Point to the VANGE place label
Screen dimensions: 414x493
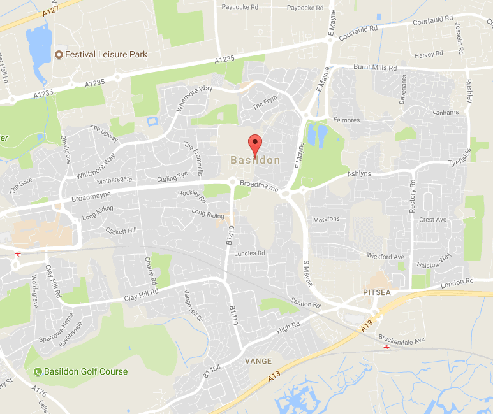click(x=258, y=361)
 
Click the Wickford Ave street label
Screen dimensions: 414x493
click(x=386, y=257)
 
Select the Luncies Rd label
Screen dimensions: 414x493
click(x=249, y=253)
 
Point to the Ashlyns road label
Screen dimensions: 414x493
click(x=358, y=173)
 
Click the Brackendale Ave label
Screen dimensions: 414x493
click(x=401, y=340)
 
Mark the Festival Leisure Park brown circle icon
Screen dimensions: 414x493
click(x=59, y=55)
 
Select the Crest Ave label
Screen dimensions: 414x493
click(x=432, y=220)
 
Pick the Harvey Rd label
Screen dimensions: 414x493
click(x=424, y=55)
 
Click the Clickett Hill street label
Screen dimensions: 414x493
click(x=121, y=231)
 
